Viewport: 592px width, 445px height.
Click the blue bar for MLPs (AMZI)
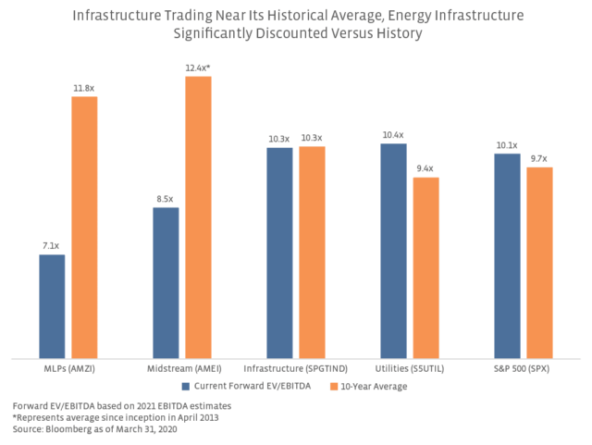(x=52, y=305)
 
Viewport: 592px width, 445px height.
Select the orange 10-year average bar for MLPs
(x=84, y=227)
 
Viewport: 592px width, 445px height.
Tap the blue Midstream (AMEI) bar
(x=166, y=282)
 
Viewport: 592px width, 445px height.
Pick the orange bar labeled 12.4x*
(x=198, y=216)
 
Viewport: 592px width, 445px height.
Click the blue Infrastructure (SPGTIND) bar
(x=279, y=252)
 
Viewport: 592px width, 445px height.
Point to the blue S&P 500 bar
(x=507, y=254)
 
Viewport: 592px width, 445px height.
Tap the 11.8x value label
(x=84, y=88)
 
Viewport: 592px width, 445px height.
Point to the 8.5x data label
(x=166, y=199)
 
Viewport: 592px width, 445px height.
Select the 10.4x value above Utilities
(x=393, y=135)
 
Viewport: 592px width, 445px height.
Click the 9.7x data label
(x=539, y=159)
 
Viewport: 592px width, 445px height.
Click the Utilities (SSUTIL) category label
(x=409, y=368)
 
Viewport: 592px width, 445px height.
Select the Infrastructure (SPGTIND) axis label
(x=295, y=368)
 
